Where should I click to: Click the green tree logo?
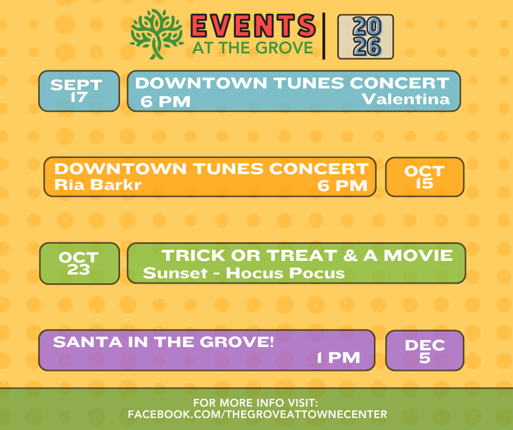[x=157, y=34]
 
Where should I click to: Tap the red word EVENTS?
[x=253, y=26]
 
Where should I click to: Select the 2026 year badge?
[x=366, y=37]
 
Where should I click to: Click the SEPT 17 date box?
[x=79, y=91]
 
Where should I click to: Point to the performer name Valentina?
[x=405, y=99]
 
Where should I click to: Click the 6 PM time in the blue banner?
[x=165, y=102]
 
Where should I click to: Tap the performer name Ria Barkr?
[x=98, y=184]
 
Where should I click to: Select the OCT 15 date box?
[x=425, y=177]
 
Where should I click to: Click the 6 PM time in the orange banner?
[x=343, y=186]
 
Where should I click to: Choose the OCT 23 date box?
[x=80, y=264]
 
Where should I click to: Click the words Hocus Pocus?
[x=285, y=273]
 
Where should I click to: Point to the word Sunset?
[x=175, y=273]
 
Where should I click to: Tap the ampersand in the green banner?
[x=350, y=255]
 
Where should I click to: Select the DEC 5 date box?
[x=425, y=350]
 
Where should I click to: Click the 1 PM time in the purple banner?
[x=338, y=357]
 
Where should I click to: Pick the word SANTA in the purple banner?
[x=88, y=342]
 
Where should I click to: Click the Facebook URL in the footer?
[x=258, y=414]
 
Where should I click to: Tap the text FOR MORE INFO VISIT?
[x=255, y=403]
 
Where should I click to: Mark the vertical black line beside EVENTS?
[x=324, y=36]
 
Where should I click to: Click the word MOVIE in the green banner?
[x=418, y=255]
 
